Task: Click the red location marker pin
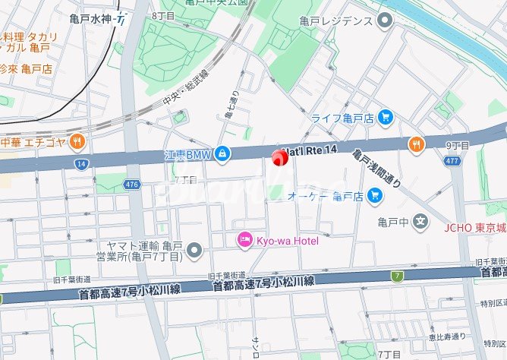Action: click(x=279, y=159)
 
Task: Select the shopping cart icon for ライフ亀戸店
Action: click(x=386, y=118)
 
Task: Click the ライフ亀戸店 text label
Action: click(x=342, y=118)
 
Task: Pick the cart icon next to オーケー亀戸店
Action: click(x=373, y=196)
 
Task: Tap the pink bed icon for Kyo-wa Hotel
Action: click(x=244, y=240)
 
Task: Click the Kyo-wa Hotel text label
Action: click(x=285, y=240)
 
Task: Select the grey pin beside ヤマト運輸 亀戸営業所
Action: click(x=195, y=249)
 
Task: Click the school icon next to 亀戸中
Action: click(x=421, y=222)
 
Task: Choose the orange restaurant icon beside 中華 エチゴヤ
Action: click(x=77, y=141)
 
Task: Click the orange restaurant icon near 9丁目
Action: click(x=416, y=144)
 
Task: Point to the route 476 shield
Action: click(x=132, y=184)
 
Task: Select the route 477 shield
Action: click(x=454, y=160)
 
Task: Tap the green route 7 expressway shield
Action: click(x=398, y=275)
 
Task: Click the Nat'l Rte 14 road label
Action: click(x=309, y=150)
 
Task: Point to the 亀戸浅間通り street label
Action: click(x=376, y=168)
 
